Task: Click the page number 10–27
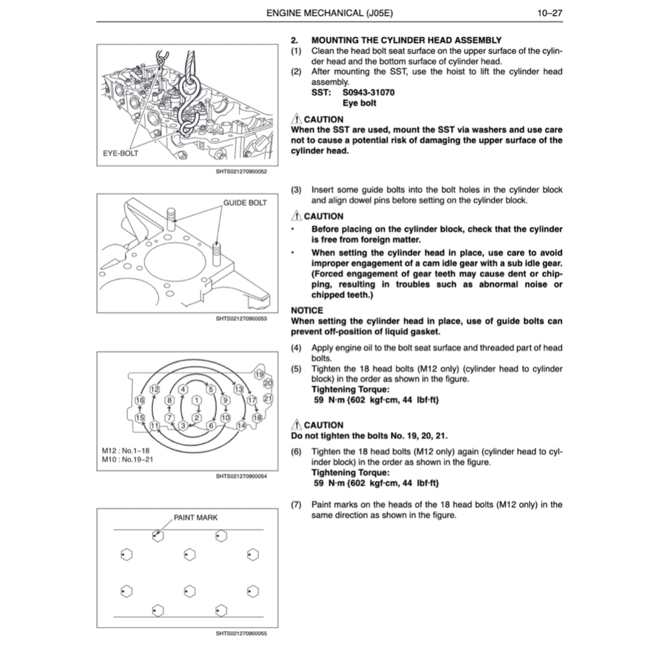point(549,12)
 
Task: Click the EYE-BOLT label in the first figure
point(121,154)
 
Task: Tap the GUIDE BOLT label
point(245,203)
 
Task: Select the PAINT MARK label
point(196,517)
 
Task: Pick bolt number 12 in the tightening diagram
point(155,389)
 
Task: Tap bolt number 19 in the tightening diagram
point(259,375)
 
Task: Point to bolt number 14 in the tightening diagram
point(241,425)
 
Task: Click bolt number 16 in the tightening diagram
point(139,401)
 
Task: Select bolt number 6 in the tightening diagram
point(211,425)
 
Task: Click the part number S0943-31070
point(368,93)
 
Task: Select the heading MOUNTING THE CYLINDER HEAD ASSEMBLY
point(406,40)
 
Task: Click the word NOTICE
point(307,311)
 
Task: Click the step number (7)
point(296,504)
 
